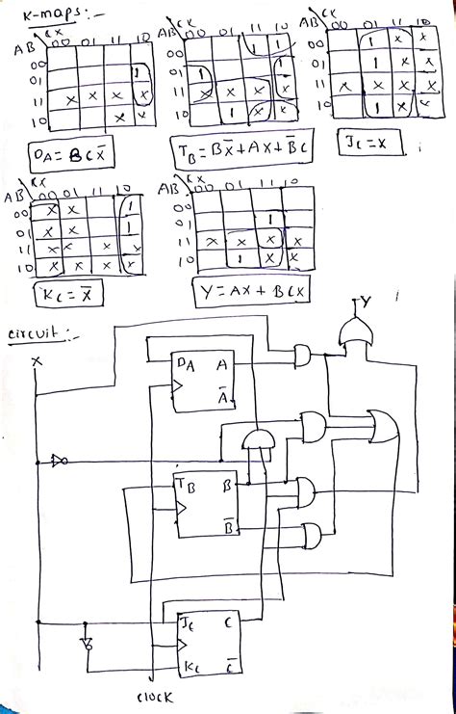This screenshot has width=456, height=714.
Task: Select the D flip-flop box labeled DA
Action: click(202, 382)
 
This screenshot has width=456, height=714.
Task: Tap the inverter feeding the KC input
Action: click(87, 640)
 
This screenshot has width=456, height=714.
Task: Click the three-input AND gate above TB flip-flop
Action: click(257, 441)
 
